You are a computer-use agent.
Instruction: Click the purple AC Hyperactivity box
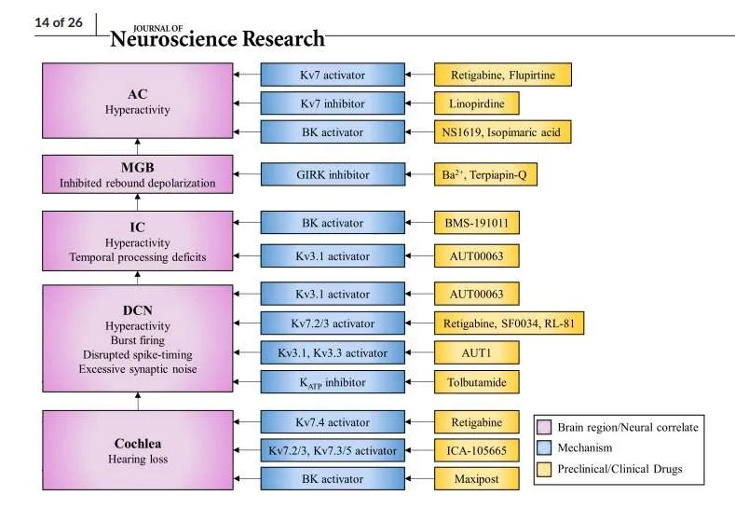(x=138, y=101)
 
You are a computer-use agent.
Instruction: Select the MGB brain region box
(x=138, y=174)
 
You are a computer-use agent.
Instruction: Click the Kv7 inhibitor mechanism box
(x=333, y=103)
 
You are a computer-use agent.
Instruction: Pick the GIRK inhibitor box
(x=333, y=174)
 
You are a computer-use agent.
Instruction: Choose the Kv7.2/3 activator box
(x=333, y=323)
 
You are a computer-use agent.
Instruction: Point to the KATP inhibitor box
(x=333, y=381)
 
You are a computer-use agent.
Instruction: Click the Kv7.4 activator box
(x=333, y=422)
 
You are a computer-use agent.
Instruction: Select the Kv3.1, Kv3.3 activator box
(x=333, y=352)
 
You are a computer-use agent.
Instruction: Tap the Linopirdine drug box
(x=476, y=103)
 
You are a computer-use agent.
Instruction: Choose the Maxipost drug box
(x=476, y=479)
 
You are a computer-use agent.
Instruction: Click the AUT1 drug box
(x=476, y=352)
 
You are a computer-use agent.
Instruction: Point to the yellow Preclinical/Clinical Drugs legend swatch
(x=545, y=469)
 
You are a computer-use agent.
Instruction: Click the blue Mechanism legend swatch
(x=545, y=448)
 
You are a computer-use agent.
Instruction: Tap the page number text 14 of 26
(x=58, y=23)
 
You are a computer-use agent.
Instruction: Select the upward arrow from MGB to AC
(x=138, y=146)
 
